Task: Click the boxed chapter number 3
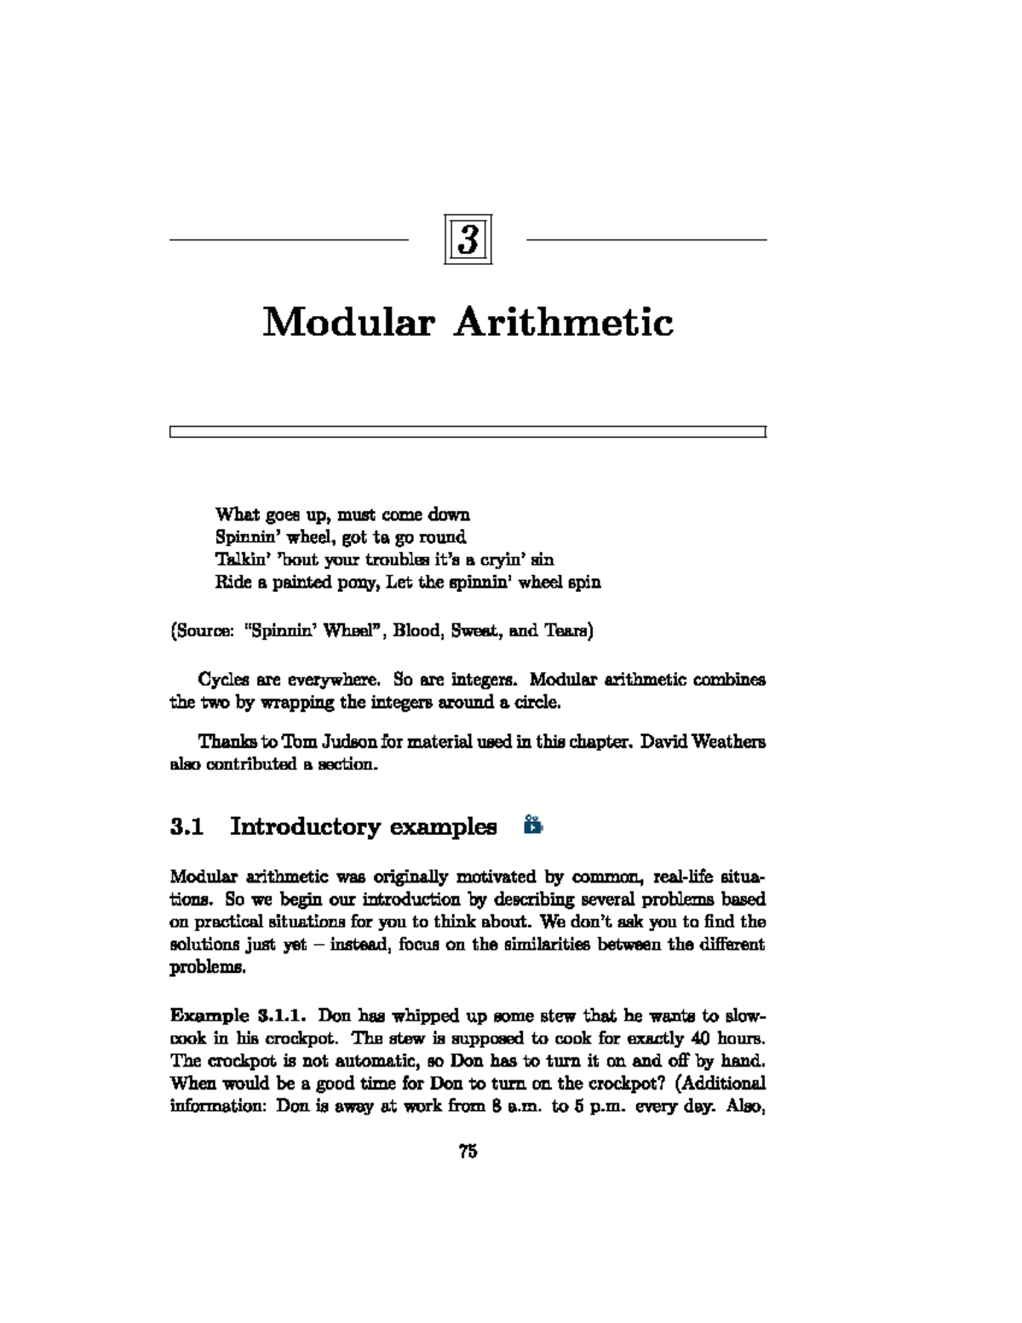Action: pyautogui.click(x=468, y=240)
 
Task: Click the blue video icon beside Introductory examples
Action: pyautogui.click(x=533, y=825)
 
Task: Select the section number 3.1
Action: pyautogui.click(x=187, y=826)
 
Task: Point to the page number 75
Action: pyautogui.click(x=468, y=1152)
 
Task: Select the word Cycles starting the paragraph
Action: pyautogui.click(x=224, y=680)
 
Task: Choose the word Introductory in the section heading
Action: pyautogui.click(x=304, y=826)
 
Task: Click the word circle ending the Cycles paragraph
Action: pyautogui.click(x=537, y=703)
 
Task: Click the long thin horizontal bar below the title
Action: pyautogui.click(x=468, y=432)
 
